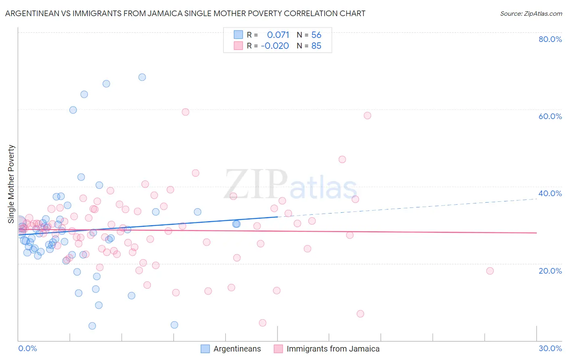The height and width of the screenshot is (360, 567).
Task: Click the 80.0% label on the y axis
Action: point(550,39)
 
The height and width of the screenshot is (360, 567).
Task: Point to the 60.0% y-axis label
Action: point(550,116)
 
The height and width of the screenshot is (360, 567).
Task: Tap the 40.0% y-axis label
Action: point(550,193)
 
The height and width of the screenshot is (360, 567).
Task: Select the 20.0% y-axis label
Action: point(550,271)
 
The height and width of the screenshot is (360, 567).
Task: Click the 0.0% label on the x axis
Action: point(27,348)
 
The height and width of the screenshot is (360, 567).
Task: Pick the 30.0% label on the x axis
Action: point(550,348)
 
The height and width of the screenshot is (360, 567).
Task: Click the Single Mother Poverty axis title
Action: point(11,184)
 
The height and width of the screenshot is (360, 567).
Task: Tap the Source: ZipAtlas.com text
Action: point(531,14)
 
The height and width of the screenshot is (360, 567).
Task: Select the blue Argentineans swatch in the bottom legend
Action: point(205,349)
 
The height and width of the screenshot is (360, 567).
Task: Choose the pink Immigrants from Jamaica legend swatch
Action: point(278,349)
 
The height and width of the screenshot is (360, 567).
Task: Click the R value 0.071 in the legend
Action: point(278,35)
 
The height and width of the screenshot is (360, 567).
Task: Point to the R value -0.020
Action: point(275,46)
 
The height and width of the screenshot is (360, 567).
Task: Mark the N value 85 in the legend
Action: point(316,46)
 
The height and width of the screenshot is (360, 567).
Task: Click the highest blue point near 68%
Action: point(142,77)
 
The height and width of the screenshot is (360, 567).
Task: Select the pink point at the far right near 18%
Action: point(490,271)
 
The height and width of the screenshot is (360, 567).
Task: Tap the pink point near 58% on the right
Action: point(367,115)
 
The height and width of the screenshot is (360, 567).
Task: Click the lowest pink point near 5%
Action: point(263,323)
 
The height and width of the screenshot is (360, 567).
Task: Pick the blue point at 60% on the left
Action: point(73,110)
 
